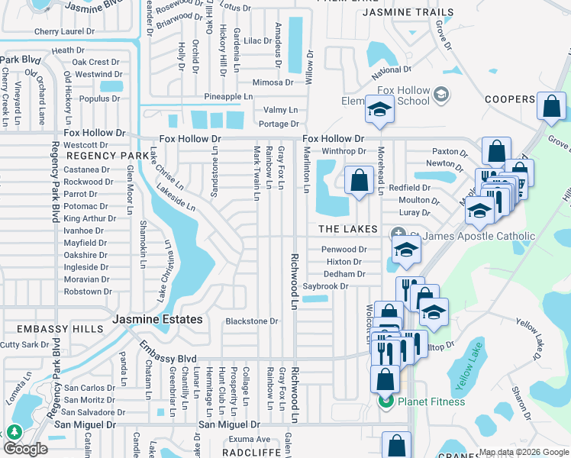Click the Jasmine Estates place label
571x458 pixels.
pos(158,319)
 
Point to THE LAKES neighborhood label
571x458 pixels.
pos(348,229)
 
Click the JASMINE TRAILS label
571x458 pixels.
pos(408,13)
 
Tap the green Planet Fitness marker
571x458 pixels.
pos(386,402)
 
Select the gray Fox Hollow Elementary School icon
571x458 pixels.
pos(440,95)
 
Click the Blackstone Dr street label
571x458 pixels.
pos(252,321)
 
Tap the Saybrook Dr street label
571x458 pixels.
pos(325,286)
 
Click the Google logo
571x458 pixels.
pos(26,449)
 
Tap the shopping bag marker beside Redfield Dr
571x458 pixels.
pos(359,181)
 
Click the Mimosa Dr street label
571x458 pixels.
pos(273,82)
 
